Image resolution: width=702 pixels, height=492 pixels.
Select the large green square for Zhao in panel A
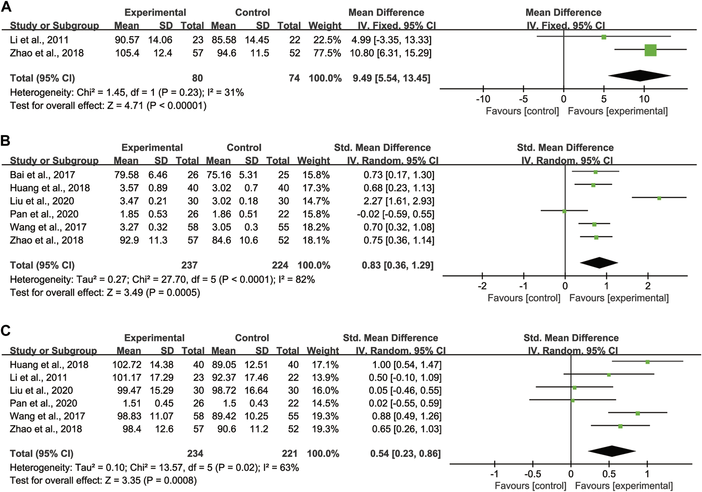tap(650, 50)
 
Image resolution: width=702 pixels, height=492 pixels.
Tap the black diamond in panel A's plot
tap(639, 76)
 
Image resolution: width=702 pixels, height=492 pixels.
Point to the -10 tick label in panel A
tap(483, 99)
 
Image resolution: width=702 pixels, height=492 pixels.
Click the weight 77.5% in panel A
tap(325, 53)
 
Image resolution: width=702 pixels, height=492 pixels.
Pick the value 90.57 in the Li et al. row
tap(127, 40)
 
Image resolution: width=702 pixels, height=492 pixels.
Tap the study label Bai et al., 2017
tap(42, 175)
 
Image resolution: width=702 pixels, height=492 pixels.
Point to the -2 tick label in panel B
tap(482, 286)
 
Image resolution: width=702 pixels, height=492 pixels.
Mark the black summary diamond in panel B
tap(599, 263)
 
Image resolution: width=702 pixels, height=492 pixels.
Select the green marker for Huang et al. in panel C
tap(647, 362)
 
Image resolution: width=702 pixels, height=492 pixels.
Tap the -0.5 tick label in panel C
tap(532, 474)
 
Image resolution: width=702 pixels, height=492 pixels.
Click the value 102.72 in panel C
tap(126, 365)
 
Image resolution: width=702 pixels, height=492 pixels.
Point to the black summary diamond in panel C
tap(612, 451)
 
